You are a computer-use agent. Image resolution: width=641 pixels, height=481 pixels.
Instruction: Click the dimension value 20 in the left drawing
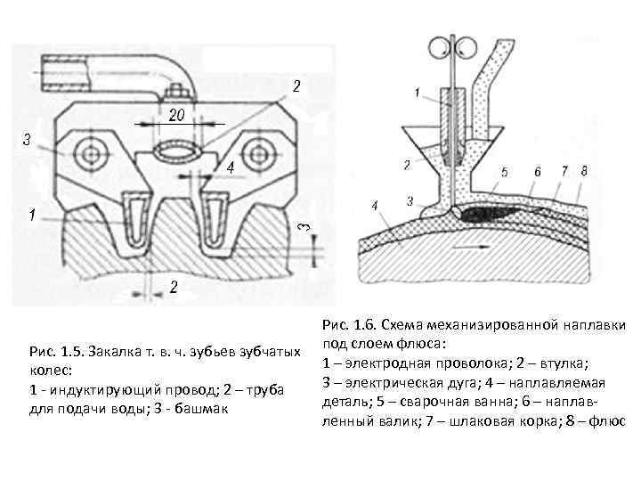178,114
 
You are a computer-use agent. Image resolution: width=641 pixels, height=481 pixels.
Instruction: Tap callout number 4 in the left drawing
229,167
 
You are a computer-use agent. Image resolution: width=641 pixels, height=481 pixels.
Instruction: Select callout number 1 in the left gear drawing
32,215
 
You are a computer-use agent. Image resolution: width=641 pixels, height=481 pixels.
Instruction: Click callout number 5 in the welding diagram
504,171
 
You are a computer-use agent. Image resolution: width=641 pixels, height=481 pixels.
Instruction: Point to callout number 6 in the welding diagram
537,171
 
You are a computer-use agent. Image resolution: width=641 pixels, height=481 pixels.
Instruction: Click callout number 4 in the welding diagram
376,206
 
